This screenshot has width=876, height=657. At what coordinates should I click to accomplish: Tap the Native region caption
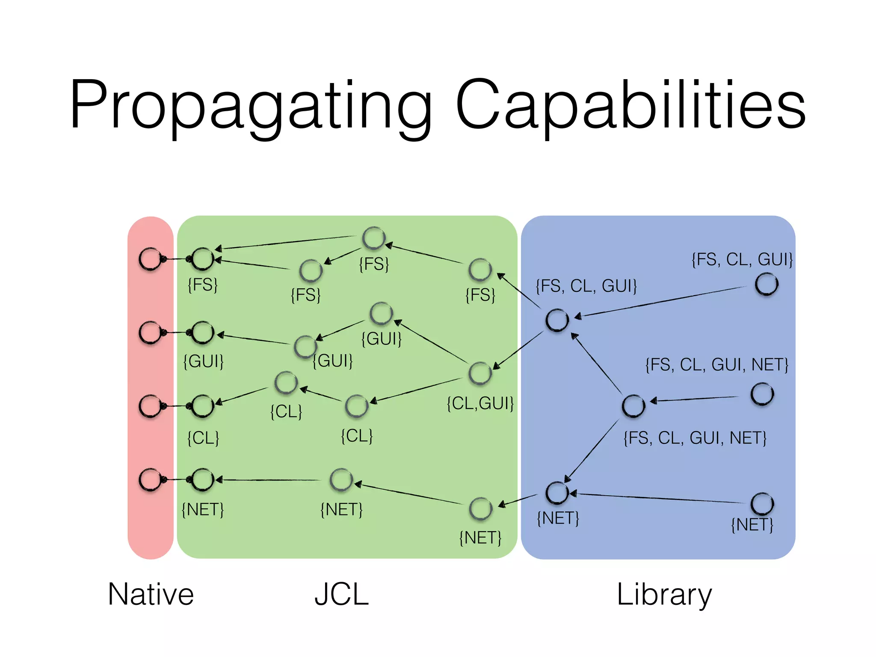point(151,594)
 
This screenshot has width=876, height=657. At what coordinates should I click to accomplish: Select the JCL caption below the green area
point(341,594)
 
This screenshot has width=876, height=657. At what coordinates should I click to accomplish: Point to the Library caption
point(664,594)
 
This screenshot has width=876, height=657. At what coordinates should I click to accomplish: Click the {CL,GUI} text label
point(480,403)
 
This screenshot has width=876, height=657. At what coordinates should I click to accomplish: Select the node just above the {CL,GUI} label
point(480,373)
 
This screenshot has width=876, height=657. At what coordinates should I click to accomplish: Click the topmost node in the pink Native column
point(151,259)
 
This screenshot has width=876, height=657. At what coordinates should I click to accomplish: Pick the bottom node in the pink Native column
point(151,479)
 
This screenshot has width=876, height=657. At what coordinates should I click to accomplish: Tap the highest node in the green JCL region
point(374,238)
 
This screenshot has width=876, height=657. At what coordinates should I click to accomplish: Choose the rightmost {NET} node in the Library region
point(762,504)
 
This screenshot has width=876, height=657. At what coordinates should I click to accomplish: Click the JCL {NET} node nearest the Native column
point(202,479)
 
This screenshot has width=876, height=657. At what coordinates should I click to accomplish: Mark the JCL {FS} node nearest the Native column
point(202,259)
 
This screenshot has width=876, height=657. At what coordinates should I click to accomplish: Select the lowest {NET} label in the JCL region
point(480,538)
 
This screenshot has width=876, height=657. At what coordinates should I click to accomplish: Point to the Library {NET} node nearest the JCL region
point(557,493)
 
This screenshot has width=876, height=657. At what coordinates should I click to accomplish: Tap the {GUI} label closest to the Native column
point(203,361)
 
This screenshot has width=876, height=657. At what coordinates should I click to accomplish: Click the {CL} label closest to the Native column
point(203,438)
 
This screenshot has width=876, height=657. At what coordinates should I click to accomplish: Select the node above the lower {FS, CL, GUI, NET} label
point(633,406)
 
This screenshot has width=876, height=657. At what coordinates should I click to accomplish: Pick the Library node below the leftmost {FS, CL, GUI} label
point(557,320)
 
